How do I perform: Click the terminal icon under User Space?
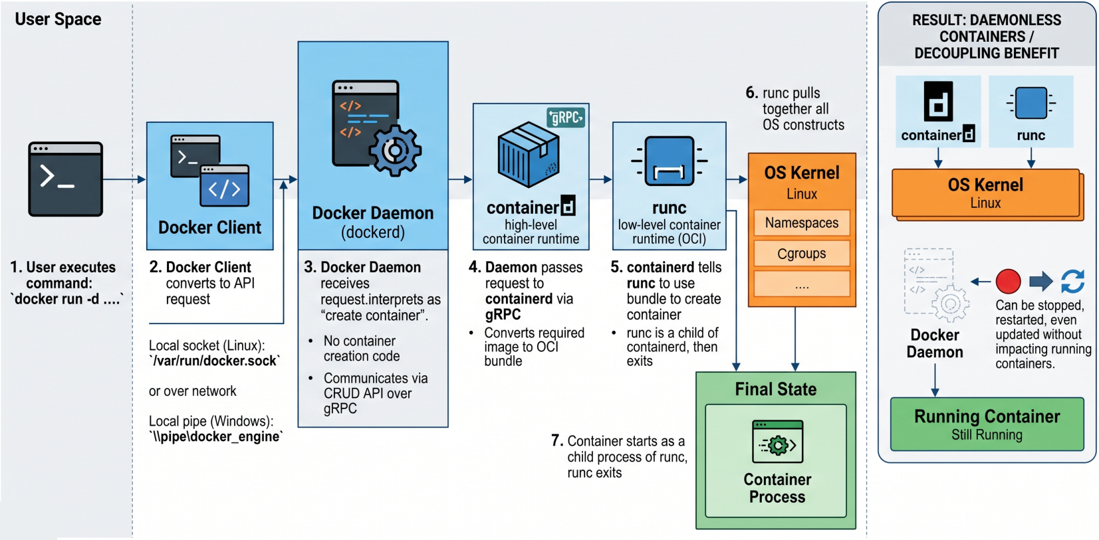(65, 179)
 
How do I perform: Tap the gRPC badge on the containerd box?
(565, 118)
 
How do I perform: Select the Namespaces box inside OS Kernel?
(801, 223)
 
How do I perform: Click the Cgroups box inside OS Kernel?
(801, 254)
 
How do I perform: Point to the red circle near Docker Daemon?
(1008, 281)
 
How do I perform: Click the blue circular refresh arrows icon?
(1072, 281)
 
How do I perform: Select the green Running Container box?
(987, 424)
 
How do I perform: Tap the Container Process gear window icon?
(777, 442)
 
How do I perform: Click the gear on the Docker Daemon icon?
(395, 151)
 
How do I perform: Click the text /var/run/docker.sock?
(214, 361)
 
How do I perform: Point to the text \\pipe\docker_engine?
(216, 436)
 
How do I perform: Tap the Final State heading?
(775, 389)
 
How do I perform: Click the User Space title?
(58, 19)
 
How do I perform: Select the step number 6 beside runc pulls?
(751, 93)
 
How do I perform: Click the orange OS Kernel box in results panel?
(985, 193)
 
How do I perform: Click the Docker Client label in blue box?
(209, 228)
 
